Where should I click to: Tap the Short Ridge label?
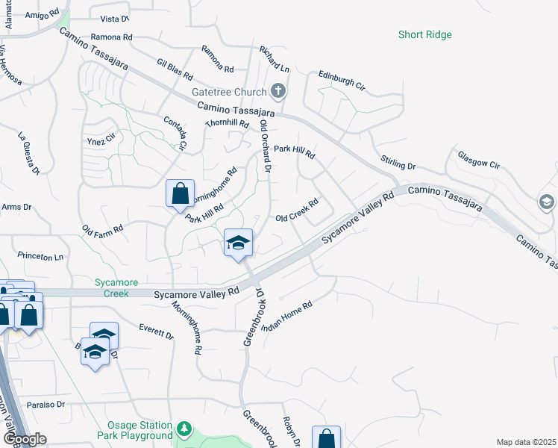tap(424, 34)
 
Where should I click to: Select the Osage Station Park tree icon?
tap(184, 429)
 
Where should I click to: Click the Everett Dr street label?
tap(157, 331)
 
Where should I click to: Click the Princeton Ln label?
tap(42, 256)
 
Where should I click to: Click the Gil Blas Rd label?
tap(175, 70)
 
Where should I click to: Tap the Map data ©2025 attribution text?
tap(526, 442)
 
